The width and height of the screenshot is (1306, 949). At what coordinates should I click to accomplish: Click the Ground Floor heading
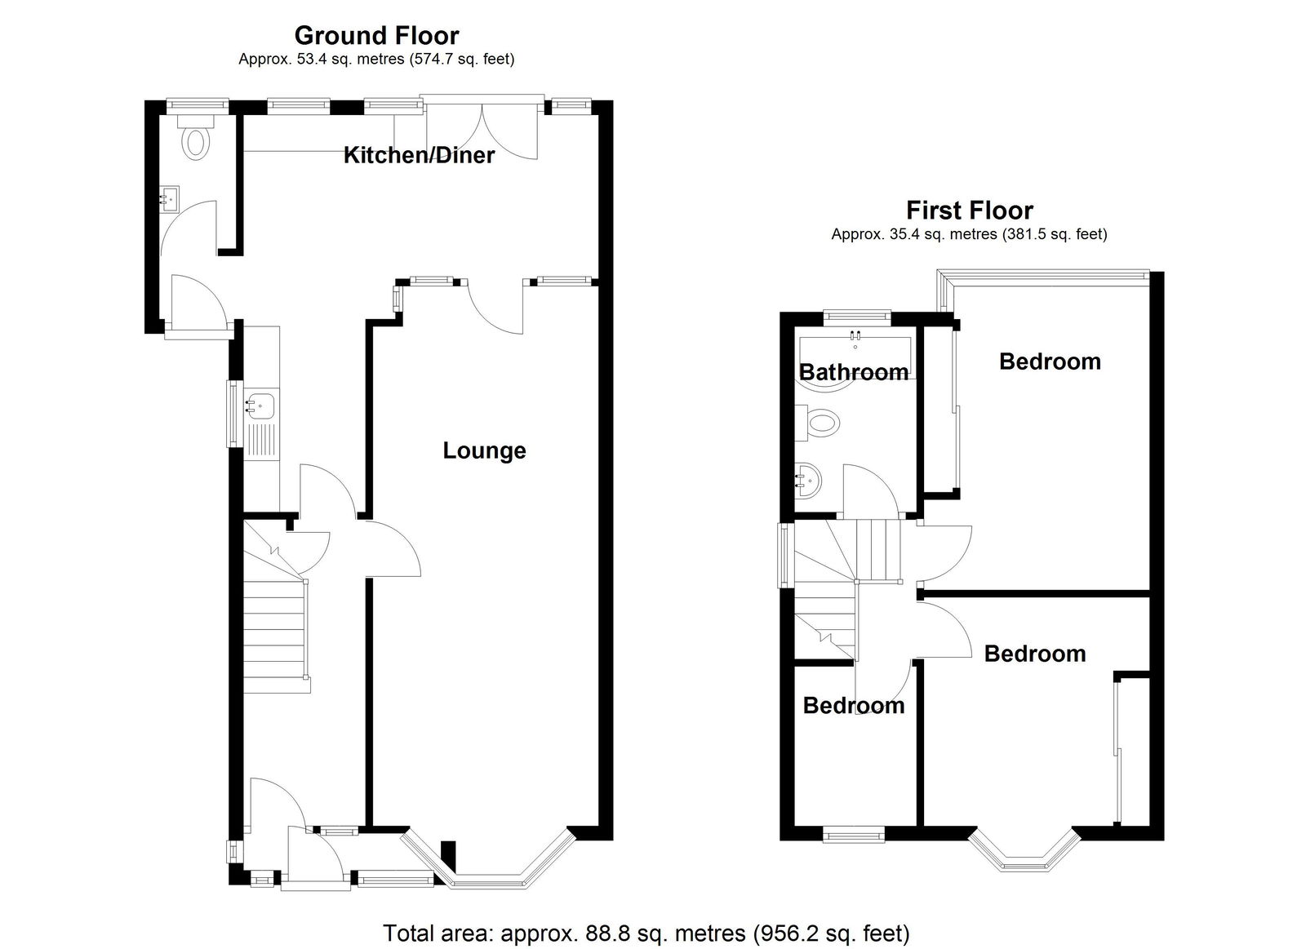376,36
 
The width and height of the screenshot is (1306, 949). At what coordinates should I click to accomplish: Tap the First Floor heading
970,211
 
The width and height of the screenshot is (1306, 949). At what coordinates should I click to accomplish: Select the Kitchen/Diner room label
420,155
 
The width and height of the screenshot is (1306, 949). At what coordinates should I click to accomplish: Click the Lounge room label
485,450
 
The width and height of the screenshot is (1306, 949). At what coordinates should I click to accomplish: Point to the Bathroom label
854,372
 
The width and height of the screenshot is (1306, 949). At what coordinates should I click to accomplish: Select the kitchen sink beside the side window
260,405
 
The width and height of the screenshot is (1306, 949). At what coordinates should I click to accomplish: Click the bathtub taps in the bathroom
855,335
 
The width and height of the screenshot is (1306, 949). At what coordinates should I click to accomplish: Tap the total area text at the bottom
646,933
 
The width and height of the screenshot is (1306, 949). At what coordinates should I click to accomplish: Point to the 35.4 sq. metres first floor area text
914,234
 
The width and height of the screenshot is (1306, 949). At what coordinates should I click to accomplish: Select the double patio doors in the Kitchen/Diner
482,129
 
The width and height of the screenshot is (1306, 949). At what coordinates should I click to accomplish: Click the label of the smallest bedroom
854,705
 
